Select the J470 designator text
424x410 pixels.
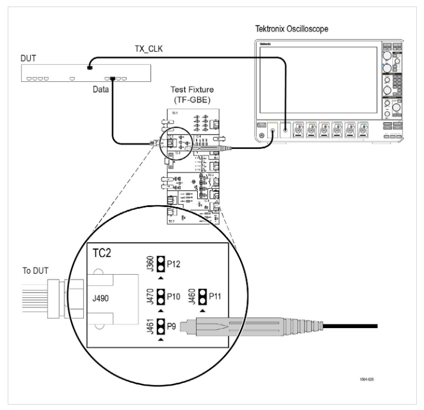click(150, 295)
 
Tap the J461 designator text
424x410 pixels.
click(150, 325)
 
